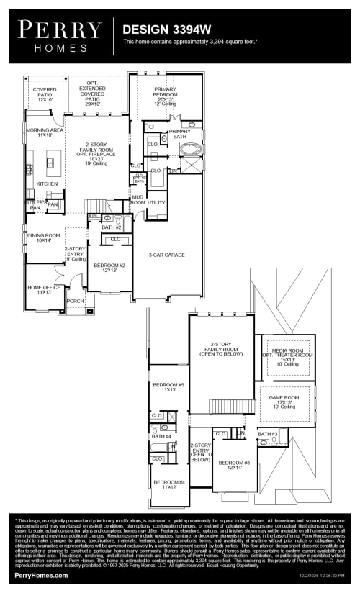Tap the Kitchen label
coord(47,184)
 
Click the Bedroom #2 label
coord(109,267)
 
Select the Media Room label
coord(287,353)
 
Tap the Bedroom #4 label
coord(168,484)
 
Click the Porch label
coord(75,301)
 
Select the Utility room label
coord(156,203)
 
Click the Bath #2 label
coord(110,227)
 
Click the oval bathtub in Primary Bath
coord(191,150)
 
